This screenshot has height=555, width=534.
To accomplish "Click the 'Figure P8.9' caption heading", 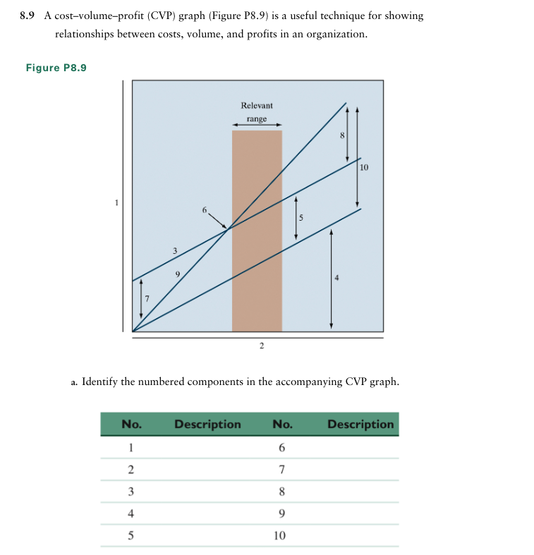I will pyautogui.click(x=56, y=68).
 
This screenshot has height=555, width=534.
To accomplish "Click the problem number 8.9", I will pyautogui.click(x=28, y=16).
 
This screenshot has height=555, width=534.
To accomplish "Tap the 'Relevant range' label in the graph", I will pyautogui.click(x=256, y=112).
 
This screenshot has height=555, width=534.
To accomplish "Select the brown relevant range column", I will pyautogui.click(x=257, y=233).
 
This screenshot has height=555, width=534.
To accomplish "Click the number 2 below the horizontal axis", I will pyautogui.click(x=261, y=345).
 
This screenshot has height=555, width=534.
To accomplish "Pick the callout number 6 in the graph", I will pyautogui.click(x=205, y=210).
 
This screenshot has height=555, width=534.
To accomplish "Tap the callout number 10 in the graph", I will pyautogui.click(x=364, y=167).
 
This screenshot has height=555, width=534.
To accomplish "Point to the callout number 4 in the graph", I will pyautogui.click(x=336, y=278).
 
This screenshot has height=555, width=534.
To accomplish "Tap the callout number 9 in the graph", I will pyautogui.click(x=178, y=274).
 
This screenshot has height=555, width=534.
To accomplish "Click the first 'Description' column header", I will pyautogui.click(x=207, y=425).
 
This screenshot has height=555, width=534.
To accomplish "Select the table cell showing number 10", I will pyautogui.click(x=279, y=535).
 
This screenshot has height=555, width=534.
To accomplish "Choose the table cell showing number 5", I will pyautogui.click(x=130, y=535).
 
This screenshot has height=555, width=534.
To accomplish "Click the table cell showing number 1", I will pyautogui.click(x=130, y=448).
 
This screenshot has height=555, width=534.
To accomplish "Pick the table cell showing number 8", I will pyautogui.click(x=281, y=492).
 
